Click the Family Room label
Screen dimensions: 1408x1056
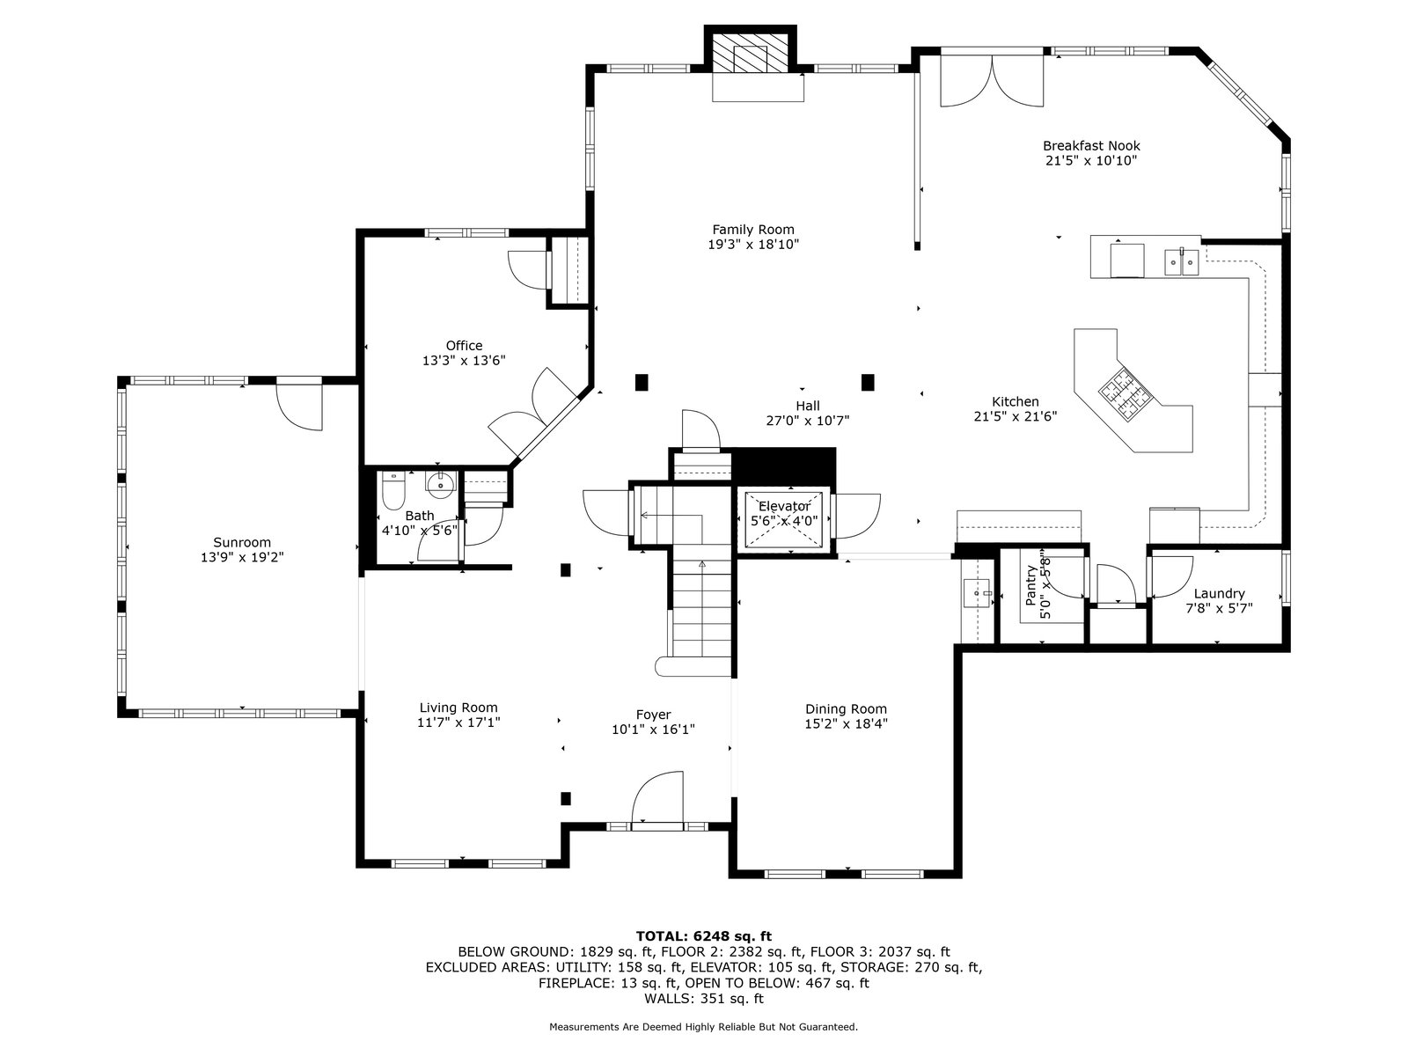pyautogui.click(x=753, y=230)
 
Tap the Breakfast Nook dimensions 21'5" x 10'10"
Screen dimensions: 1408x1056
pyautogui.click(x=1091, y=161)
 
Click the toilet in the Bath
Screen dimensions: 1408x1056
pyautogui.click(x=392, y=490)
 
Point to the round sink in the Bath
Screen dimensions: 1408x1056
pyautogui.click(x=441, y=485)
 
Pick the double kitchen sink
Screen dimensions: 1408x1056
pyautogui.click(x=1182, y=262)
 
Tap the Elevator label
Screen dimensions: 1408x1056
pyautogui.click(x=784, y=507)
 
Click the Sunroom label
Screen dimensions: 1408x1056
pyautogui.click(x=242, y=542)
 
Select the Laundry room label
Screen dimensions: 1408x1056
pyautogui.click(x=1219, y=594)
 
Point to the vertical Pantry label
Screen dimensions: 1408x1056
pyautogui.click(x=1030, y=585)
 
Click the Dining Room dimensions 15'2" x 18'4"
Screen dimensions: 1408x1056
pyautogui.click(x=846, y=724)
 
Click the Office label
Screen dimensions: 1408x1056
pyautogui.click(x=464, y=346)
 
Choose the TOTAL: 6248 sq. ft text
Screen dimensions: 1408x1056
pyautogui.click(x=704, y=936)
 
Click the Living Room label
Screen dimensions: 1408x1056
pyautogui.click(x=458, y=708)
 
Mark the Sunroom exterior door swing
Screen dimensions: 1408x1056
pyautogui.click(x=299, y=407)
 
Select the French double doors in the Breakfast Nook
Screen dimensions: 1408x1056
pyautogui.click(x=992, y=81)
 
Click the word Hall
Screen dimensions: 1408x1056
pyautogui.click(x=808, y=406)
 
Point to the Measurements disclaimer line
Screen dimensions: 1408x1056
pyautogui.click(x=703, y=1026)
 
